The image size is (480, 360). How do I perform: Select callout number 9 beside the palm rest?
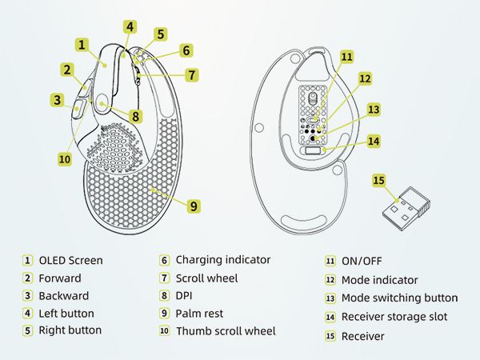[193, 206]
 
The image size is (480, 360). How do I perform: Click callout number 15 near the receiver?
[378, 181]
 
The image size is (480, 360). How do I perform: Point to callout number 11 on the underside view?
[346, 57]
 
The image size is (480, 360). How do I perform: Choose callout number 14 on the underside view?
[373, 141]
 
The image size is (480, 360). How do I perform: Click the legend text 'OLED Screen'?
[70, 260]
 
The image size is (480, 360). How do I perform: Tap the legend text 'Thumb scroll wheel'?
[226, 331]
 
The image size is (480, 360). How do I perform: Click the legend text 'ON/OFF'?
[362, 261]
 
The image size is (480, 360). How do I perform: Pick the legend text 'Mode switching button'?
[399, 298]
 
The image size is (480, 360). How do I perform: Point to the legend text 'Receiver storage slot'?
[394, 317]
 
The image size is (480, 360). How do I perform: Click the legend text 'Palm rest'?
[199, 314]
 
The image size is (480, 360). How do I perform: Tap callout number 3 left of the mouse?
[57, 100]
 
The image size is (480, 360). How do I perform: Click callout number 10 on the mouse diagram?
[65, 159]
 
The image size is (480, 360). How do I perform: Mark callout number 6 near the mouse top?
[186, 50]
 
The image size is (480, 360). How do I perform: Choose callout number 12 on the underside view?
[365, 78]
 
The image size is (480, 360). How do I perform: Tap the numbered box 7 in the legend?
[164, 278]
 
